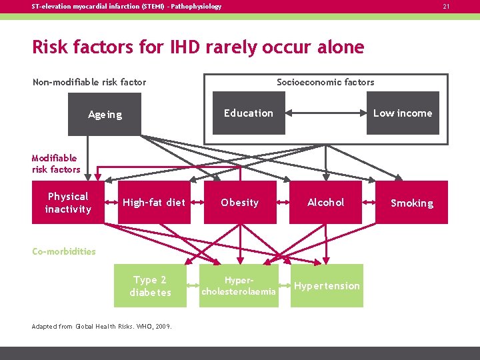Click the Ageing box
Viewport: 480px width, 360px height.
point(105,114)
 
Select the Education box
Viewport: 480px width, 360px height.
point(248,113)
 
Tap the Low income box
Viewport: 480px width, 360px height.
point(402,113)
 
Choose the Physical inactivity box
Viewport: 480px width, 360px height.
point(68,203)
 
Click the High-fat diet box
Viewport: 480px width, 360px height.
point(153,203)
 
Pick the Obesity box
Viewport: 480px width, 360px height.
point(239,203)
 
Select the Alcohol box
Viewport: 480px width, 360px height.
point(325,203)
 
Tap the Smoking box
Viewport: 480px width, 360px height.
point(411,203)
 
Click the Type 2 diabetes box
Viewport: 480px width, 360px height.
point(150,286)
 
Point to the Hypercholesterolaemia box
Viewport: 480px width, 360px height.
point(239,286)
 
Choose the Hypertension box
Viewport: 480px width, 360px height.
point(327,286)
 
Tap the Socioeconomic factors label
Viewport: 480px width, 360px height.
point(325,82)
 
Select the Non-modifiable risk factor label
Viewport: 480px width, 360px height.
point(89,82)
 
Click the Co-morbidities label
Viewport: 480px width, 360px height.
point(64,251)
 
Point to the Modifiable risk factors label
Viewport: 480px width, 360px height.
point(55,163)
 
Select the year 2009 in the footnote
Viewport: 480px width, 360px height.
point(162,326)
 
